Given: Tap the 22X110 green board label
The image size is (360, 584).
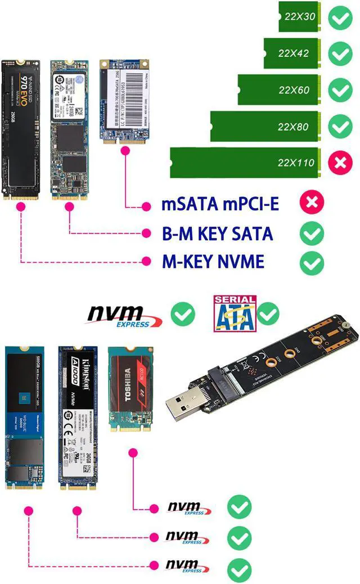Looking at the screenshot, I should coord(296,163).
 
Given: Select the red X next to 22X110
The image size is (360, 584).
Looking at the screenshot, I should coord(340,163).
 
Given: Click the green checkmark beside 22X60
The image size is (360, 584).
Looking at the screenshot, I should coord(340,90).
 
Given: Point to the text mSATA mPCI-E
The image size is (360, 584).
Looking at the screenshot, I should coord(220,204).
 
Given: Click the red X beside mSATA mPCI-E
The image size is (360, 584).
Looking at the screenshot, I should coord(311,203).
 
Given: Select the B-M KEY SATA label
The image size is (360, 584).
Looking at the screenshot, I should coord(217,233).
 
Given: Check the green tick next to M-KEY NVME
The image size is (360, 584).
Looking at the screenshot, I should coord(311,262).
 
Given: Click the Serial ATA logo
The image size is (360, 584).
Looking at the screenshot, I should coord(234,312).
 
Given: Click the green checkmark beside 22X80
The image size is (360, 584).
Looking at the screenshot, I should coord(340,127).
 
